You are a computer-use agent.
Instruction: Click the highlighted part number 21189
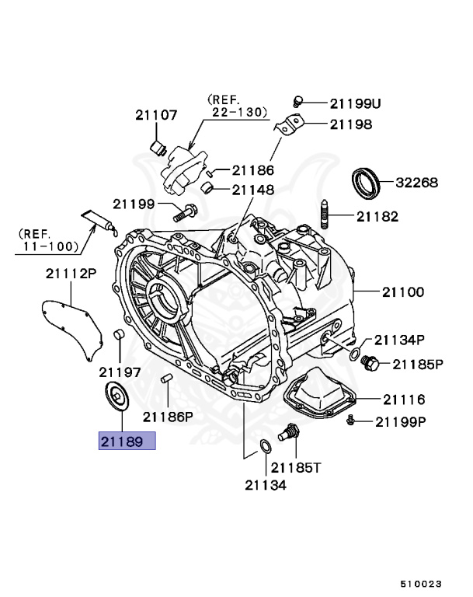(x=127, y=442)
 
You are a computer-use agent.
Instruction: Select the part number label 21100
(x=402, y=292)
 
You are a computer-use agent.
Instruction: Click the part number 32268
(x=416, y=183)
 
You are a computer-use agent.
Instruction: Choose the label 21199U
(x=355, y=103)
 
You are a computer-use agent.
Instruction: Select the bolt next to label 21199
(x=186, y=208)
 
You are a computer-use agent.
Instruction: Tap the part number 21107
(x=155, y=115)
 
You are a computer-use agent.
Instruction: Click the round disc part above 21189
(x=117, y=397)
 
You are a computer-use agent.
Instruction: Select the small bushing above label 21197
(x=120, y=336)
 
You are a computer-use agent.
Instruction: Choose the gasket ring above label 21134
(x=265, y=446)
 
